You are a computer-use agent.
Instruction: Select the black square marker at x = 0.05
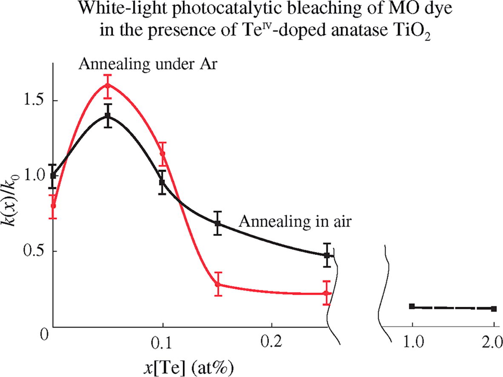[x=108, y=115]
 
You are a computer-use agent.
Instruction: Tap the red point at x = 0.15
[x=217, y=284]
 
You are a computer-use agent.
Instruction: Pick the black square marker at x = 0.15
[x=217, y=223]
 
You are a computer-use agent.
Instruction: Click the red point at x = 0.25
[x=326, y=293]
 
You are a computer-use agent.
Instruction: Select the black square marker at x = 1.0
[x=412, y=306]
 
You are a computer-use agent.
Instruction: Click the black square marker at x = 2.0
[x=494, y=308]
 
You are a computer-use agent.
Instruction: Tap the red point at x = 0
[x=53, y=206]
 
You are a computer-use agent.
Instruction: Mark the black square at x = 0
[x=53, y=175]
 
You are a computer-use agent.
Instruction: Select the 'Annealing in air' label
[x=295, y=221]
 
